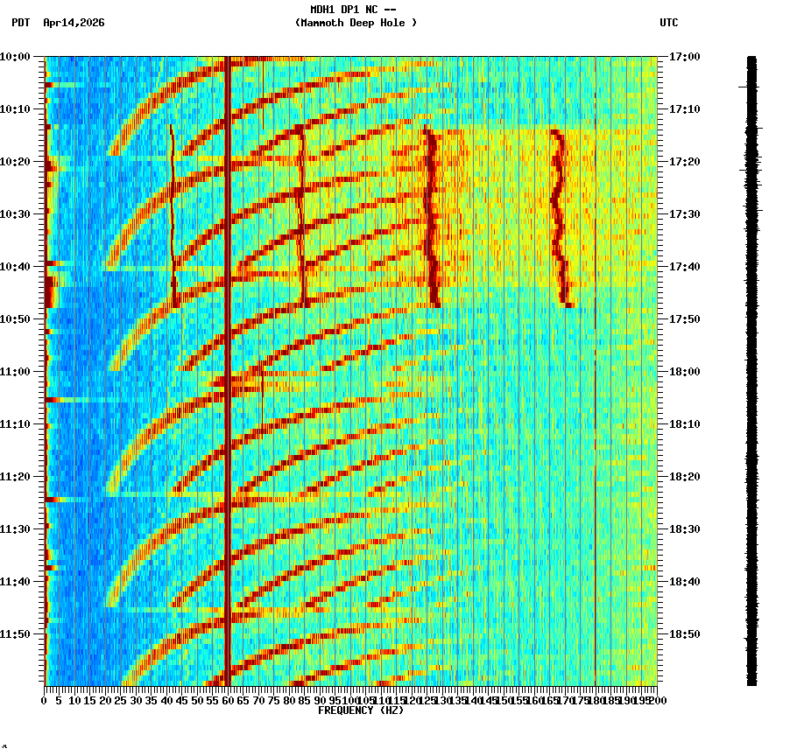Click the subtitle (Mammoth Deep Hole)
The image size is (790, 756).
coord(356,23)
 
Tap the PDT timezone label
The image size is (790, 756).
coord(20,23)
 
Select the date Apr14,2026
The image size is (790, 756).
coord(74,23)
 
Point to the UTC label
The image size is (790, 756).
coord(668,23)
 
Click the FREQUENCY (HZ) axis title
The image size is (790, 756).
coord(361,710)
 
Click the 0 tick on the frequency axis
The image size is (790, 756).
coord(45,701)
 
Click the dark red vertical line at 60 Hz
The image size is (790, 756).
coord(228,367)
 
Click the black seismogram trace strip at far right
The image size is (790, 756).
coord(751,367)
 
